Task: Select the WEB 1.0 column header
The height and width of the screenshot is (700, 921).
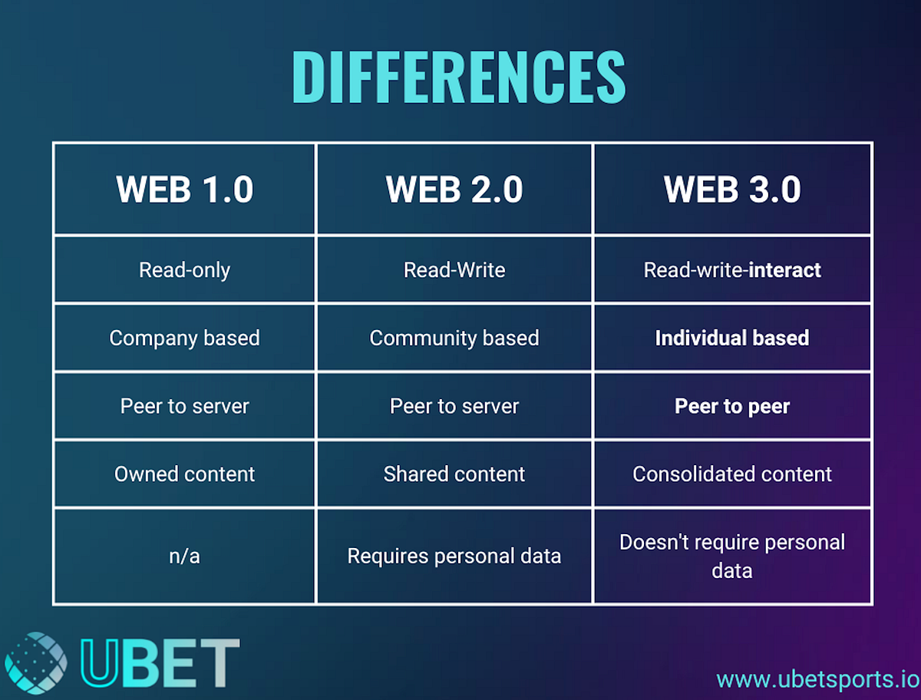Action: (x=184, y=190)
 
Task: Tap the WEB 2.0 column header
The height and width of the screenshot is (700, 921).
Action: (x=454, y=190)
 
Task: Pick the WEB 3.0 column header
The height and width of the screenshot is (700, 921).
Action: (x=732, y=190)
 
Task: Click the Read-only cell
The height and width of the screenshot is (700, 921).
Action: (x=184, y=270)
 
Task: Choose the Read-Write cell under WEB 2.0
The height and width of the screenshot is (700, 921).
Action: (x=454, y=270)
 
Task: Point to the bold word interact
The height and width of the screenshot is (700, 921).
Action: (x=785, y=270)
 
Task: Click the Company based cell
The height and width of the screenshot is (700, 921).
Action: (x=184, y=338)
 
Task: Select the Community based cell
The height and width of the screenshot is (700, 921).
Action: (x=454, y=338)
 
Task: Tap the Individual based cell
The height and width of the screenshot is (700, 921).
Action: (x=732, y=338)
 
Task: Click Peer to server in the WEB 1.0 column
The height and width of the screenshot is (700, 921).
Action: (x=184, y=406)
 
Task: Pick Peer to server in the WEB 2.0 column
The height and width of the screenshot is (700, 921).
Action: (x=454, y=406)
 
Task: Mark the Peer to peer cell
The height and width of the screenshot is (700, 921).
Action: (x=732, y=406)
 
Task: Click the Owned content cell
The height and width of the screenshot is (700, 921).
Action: (x=184, y=474)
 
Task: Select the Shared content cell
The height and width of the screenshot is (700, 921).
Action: (x=454, y=474)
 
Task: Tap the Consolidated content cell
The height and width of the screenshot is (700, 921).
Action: (x=732, y=474)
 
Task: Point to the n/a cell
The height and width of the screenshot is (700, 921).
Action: (x=184, y=556)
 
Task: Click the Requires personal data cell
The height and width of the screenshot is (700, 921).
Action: (x=454, y=556)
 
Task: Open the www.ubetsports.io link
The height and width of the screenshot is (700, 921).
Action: (x=817, y=679)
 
